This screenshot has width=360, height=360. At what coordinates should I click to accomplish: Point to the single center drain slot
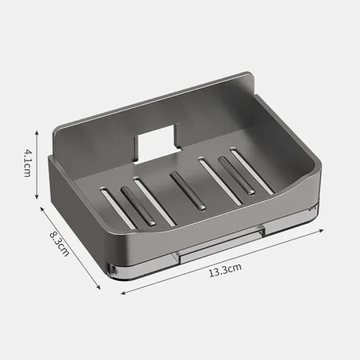(x=188, y=191)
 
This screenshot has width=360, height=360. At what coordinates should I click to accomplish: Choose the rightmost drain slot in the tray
(x=252, y=171)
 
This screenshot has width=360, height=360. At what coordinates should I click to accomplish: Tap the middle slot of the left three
(x=137, y=205)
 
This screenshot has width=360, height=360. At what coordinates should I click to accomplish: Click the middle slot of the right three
(x=236, y=175)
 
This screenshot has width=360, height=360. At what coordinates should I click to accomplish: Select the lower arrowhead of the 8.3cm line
(x=99, y=287)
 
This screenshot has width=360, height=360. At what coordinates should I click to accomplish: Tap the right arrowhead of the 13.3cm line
(x=324, y=230)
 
